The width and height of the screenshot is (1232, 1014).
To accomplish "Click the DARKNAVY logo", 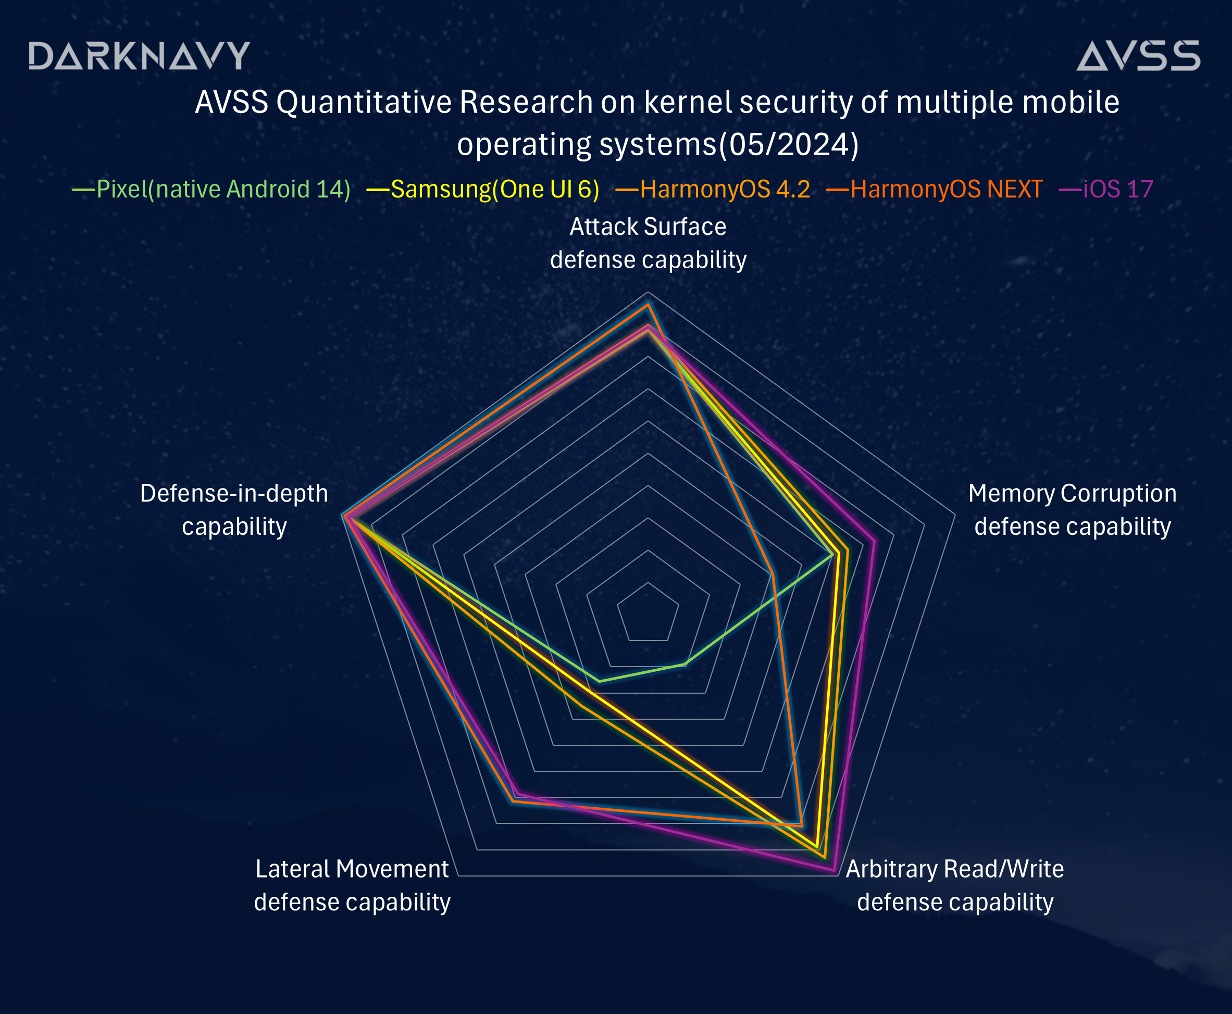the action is click(x=139, y=56).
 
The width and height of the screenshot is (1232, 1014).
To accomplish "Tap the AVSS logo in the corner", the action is click(x=1138, y=56).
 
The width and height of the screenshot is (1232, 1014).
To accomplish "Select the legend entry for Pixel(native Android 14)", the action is click(x=211, y=189).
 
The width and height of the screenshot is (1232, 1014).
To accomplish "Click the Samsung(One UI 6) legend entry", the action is click(x=483, y=189).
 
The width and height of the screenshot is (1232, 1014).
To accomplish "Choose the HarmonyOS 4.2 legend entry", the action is click(x=713, y=189).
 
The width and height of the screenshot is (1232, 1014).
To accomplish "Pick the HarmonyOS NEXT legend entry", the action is click(x=934, y=189).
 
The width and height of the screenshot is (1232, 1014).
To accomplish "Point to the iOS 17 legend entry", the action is click(x=1106, y=189).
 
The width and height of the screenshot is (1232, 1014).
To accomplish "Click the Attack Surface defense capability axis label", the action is click(x=649, y=243).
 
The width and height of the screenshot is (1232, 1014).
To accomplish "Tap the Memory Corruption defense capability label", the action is click(x=1073, y=510).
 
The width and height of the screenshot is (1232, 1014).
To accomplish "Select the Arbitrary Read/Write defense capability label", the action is click(x=955, y=885).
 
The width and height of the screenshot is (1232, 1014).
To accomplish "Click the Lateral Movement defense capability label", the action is click(x=352, y=885).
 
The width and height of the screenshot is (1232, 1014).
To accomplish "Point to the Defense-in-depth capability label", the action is click(x=234, y=510).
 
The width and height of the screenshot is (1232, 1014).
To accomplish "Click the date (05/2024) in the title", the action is click(x=789, y=144).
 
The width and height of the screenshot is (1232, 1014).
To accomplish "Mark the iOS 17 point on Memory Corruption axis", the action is click(x=875, y=540).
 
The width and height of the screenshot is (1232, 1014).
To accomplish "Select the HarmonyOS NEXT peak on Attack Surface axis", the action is click(x=648, y=304).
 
